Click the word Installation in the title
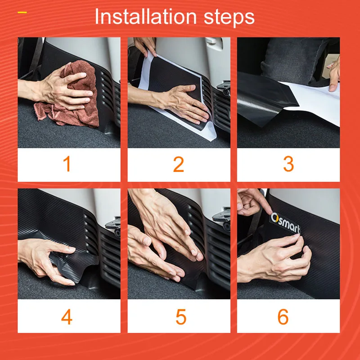click(x=146, y=16)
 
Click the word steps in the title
click(x=229, y=17)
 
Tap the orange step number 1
click(x=67, y=164)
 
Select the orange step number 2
click(x=178, y=164)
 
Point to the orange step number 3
click(x=288, y=164)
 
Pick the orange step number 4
click(x=67, y=317)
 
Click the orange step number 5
click(x=181, y=317)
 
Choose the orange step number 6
click(x=283, y=317)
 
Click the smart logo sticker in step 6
click(x=285, y=223)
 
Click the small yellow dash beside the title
click(x=22, y=13)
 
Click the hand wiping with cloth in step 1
click(x=62, y=90)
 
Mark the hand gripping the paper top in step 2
click(x=144, y=46)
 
